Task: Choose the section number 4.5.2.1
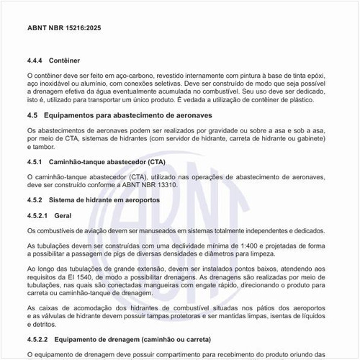tap(39, 215)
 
